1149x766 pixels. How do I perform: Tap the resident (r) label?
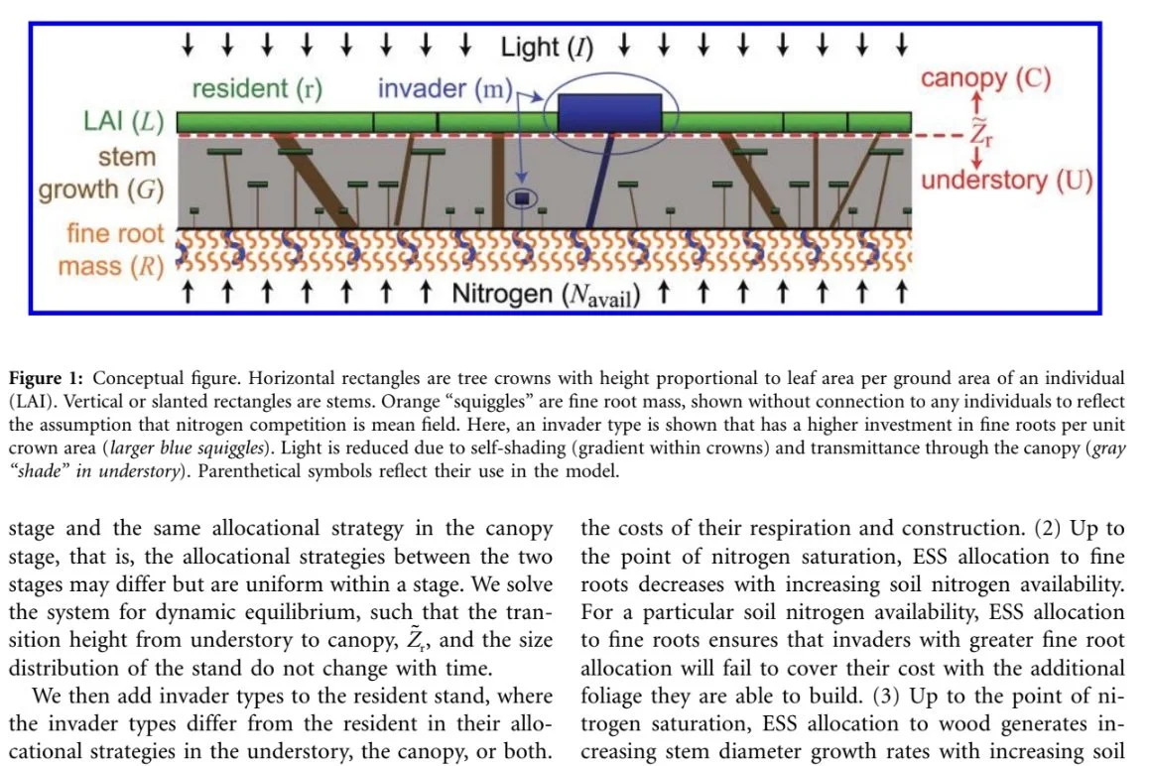pos(257,89)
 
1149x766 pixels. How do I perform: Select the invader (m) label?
pos(444,88)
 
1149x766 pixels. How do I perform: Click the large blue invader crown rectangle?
pos(609,114)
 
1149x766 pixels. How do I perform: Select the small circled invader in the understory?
pos(521,198)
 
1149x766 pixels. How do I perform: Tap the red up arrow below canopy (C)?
pos(978,104)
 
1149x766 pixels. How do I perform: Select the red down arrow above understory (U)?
pos(978,157)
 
